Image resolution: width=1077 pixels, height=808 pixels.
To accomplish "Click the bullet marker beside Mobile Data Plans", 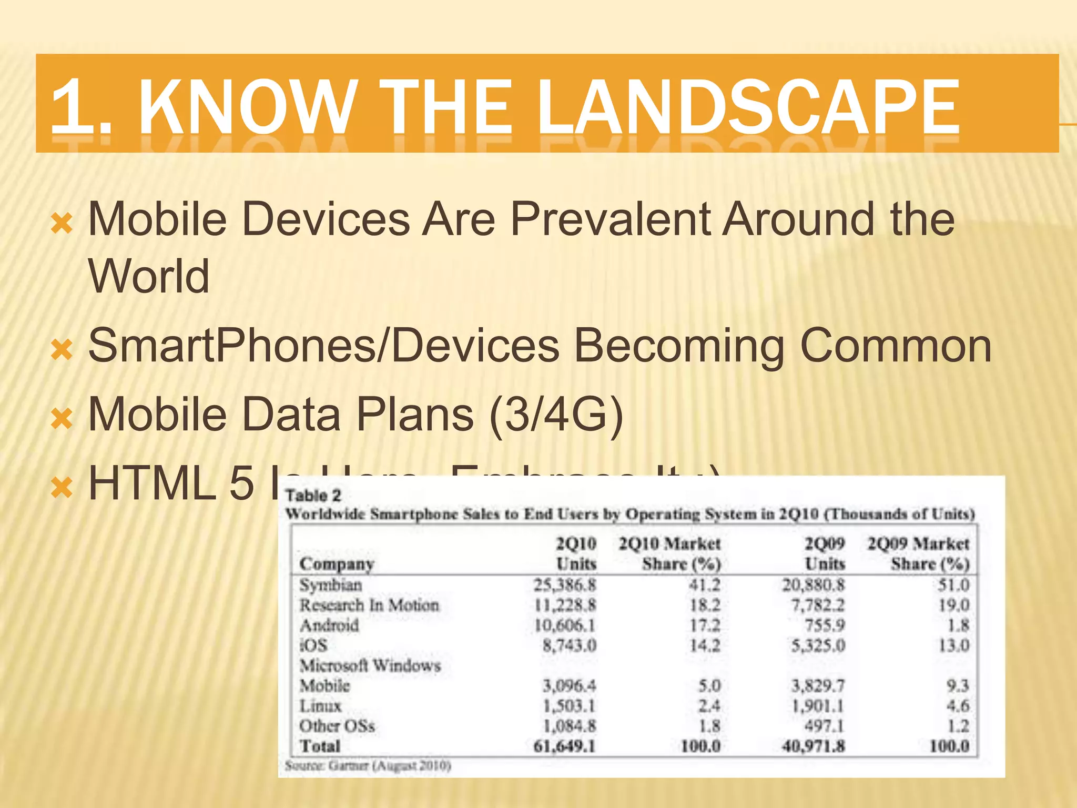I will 62,419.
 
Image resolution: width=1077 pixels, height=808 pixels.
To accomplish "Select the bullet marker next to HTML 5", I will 62,487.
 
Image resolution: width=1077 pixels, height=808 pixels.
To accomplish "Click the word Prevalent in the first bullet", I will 610,219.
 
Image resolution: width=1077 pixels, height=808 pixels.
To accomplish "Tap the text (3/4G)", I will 556,415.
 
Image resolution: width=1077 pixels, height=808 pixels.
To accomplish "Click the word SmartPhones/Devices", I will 323,346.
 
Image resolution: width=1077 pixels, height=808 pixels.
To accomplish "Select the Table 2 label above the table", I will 313,496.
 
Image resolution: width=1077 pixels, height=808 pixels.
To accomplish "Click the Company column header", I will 337,564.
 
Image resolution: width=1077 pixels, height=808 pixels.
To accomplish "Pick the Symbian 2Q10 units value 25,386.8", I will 565,585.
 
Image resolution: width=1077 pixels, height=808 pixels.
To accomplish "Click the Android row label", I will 329,625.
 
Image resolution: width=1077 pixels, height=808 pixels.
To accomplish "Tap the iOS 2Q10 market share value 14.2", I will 705,645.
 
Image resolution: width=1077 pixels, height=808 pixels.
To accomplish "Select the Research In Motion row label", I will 369,605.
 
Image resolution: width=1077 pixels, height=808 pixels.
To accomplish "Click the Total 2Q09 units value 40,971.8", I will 813,746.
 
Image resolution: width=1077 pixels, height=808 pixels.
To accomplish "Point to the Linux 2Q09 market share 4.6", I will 958,706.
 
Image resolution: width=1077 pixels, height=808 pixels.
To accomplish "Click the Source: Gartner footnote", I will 368,765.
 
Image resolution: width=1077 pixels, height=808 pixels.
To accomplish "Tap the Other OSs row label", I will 337,726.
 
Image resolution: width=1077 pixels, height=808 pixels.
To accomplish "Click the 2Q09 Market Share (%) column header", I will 918,553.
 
